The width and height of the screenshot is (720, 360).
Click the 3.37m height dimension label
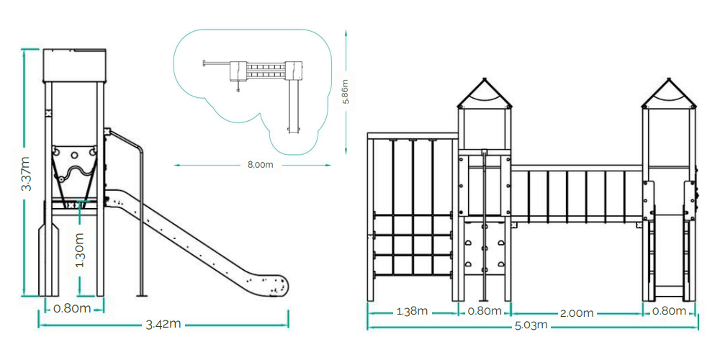[x=26, y=174]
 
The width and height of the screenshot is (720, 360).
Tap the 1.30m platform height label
[x=79, y=250]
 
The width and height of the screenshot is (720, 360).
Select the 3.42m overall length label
[x=163, y=325]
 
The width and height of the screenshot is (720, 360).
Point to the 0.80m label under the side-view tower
[x=72, y=308]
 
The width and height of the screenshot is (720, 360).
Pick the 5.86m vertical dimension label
[x=346, y=92]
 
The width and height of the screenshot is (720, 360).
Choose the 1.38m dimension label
[x=412, y=311]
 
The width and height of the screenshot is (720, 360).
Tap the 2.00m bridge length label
[x=577, y=313]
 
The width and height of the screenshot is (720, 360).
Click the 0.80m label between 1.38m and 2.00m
[x=485, y=311]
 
